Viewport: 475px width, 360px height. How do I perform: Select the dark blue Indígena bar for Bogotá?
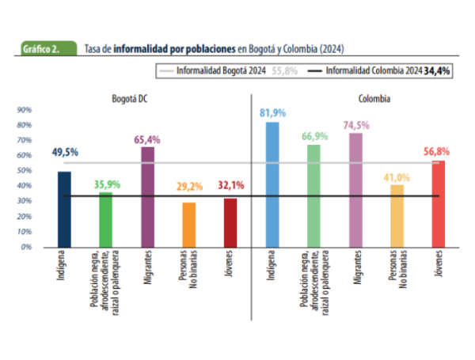(64, 209)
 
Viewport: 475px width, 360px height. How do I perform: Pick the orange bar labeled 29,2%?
(188, 225)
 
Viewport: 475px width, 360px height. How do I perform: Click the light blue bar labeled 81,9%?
(272, 184)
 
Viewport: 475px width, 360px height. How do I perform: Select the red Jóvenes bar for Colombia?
(438, 203)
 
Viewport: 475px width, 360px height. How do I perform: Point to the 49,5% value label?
(64, 152)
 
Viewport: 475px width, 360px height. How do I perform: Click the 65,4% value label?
(147, 139)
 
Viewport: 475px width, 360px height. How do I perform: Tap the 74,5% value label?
(356, 125)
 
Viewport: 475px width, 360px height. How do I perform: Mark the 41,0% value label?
(397, 177)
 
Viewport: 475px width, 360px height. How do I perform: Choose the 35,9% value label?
(107, 184)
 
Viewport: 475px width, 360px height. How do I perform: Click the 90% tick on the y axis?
(24, 110)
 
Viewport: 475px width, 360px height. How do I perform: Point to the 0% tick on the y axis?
(25, 247)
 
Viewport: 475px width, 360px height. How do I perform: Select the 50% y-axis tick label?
(24, 171)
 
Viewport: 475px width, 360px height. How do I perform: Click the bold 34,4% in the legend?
(437, 70)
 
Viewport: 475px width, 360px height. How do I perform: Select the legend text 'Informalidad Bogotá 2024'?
(221, 70)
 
